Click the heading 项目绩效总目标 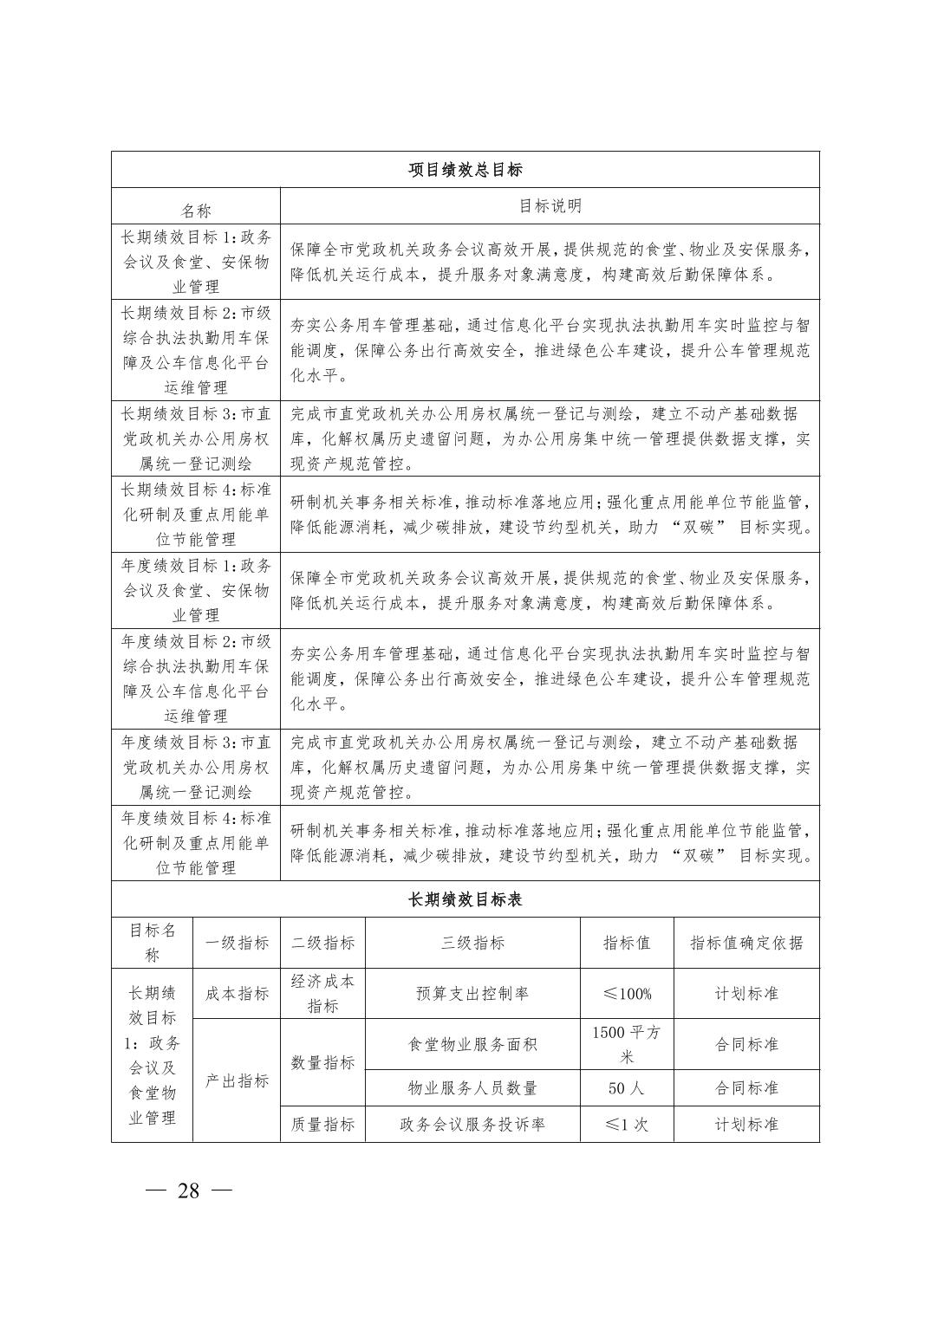pyautogui.click(x=465, y=170)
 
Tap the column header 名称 pyautogui.click(x=195, y=211)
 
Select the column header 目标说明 pyautogui.click(x=550, y=206)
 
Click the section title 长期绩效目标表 pyautogui.click(x=465, y=899)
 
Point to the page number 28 pyautogui.click(x=188, y=1190)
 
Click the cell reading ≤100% pyautogui.click(x=627, y=994)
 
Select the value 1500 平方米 pyautogui.click(x=627, y=1044)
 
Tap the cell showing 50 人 pyautogui.click(x=627, y=1088)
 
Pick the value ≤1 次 pyautogui.click(x=627, y=1125)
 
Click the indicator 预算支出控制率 pyautogui.click(x=472, y=994)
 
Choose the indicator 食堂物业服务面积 pyautogui.click(x=472, y=1044)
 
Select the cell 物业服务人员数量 pyautogui.click(x=472, y=1088)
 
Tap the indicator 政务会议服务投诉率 pyautogui.click(x=472, y=1125)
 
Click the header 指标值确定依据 pyautogui.click(x=746, y=943)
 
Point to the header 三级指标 pyautogui.click(x=472, y=943)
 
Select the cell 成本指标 pyautogui.click(x=237, y=994)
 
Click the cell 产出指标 pyautogui.click(x=237, y=1080)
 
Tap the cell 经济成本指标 pyautogui.click(x=322, y=994)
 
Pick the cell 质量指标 pyautogui.click(x=322, y=1125)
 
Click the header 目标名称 pyautogui.click(x=152, y=943)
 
